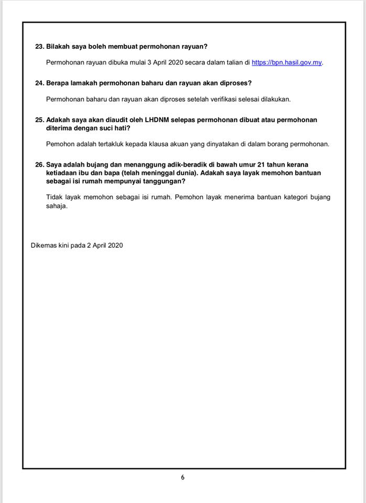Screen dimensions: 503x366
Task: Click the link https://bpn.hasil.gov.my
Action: (286, 62)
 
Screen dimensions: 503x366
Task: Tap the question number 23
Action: (39, 46)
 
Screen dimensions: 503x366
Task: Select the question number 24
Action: (39, 83)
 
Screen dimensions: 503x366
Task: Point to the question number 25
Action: (39, 120)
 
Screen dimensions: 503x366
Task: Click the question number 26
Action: (39, 165)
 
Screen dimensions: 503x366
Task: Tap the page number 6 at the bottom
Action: (182, 477)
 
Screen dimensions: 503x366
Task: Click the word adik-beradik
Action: (167, 165)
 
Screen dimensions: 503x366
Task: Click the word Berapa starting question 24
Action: (58, 83)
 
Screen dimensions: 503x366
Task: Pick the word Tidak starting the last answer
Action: (54, 198)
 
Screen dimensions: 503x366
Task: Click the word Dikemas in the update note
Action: (44, 245)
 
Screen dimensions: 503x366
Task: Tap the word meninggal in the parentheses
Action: (147, 173)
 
